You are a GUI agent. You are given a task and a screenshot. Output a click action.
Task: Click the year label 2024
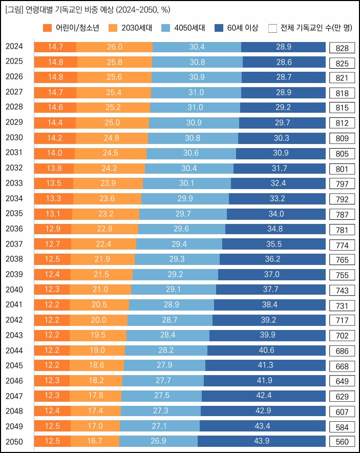point(14,47)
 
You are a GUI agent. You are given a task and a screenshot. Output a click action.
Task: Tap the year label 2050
point(14,442)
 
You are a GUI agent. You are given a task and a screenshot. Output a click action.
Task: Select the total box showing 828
point(342,48)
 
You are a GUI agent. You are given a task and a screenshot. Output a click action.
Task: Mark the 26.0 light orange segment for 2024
point(114,47)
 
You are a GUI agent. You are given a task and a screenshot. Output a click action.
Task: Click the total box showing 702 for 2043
point(342,336)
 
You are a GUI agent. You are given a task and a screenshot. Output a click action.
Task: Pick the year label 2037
point(14,244)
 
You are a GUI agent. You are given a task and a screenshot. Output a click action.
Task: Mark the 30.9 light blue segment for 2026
point(197,77)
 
